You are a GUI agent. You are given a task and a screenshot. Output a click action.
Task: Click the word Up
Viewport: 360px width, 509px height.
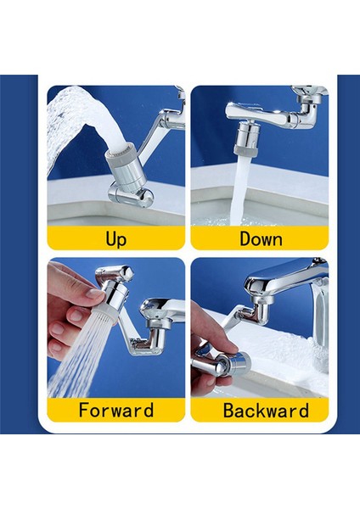[x=115, y=238]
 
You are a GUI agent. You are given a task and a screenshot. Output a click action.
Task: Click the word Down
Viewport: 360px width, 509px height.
[x=261, y=238]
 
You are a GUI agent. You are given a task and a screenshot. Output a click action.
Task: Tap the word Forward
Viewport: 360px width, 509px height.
[x=115, y=411]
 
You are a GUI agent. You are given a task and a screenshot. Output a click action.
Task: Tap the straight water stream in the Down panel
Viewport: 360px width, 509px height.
[x=245, y=191]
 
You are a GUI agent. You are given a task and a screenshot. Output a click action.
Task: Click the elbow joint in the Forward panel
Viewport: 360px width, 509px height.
[x=153, y=339]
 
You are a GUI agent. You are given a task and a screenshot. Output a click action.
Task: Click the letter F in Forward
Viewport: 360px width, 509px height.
[x=84, y=411]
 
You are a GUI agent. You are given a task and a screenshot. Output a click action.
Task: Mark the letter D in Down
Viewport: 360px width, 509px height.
[x=245, y=238]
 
